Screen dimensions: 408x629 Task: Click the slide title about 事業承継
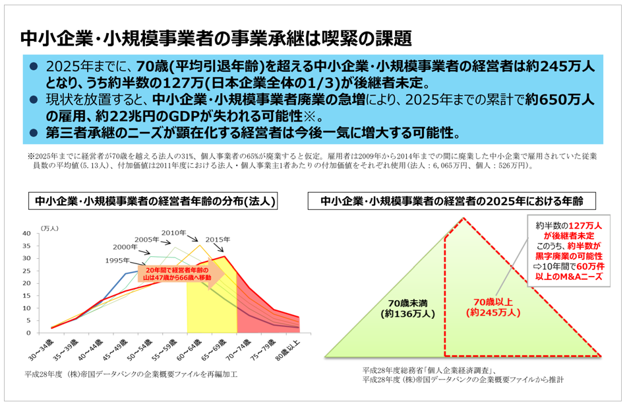216,38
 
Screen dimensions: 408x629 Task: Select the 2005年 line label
148,239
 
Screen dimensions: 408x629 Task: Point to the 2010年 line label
175,232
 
